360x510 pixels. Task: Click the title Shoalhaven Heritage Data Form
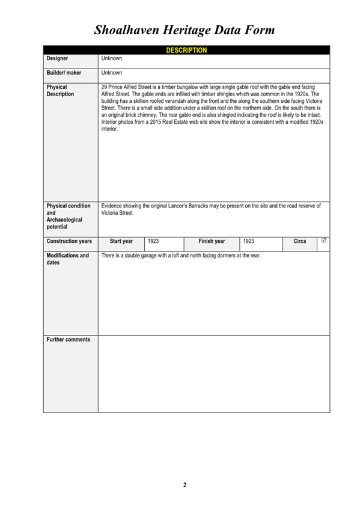coord(185,29)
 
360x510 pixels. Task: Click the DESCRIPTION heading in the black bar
coord(186,51)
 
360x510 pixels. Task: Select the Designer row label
coord(57,59)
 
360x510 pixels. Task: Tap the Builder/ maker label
coord(64,73)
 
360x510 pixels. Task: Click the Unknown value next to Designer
coord(111,59)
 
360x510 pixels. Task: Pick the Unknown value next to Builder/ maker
coord(111,73)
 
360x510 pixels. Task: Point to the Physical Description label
coord(60,90)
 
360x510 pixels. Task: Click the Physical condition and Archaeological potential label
coord(68,217)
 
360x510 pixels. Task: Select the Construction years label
coord(69,242)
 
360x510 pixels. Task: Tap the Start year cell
coord(121,242)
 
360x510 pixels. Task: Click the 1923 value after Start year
coord(153,242)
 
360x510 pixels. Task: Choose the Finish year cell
coord(212,242)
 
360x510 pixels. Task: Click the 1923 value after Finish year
coord(248,242)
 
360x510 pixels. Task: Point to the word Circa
coord(299,242)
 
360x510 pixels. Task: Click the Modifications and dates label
coord(67,259)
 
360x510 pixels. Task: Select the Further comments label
coord(68,340)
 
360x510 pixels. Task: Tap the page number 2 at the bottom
coord(185,485)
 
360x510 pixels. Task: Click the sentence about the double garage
coord(181,256)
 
